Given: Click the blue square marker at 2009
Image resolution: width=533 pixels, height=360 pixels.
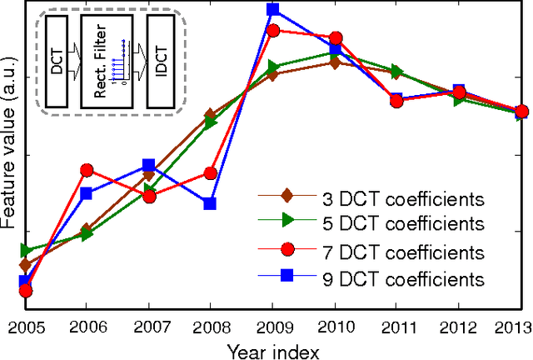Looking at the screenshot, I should click(x=272, y=10).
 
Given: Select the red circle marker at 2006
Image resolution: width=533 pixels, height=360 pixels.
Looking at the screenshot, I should click(x=87, y=170).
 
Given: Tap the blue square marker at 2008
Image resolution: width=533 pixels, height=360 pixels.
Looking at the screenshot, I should click(x=210, y=203).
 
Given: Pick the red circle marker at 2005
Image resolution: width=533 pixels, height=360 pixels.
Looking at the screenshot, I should click(x=25, y=290).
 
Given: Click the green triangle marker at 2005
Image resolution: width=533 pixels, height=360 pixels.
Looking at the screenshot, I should click(x=26, y=250).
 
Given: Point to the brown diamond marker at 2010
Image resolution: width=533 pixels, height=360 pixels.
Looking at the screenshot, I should click(x=334, y=62).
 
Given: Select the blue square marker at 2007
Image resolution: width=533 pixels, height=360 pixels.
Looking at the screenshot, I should click(x=149, y=166).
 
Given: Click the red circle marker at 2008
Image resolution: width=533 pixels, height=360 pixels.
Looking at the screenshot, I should click(x=211, y=173).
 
